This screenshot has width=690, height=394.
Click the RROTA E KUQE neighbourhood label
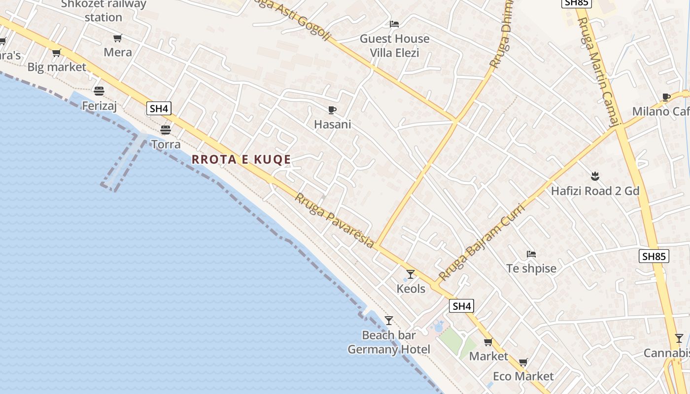coord(241,159)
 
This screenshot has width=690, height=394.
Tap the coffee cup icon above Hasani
coord(332,110)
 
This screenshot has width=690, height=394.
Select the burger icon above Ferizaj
coord(99,91)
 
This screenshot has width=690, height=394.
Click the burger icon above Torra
coord(166,130)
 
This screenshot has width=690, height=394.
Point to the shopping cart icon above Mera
coord(117,38)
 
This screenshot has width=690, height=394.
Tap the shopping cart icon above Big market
coord(57,53)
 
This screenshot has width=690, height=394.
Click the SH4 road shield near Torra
coord(159,108)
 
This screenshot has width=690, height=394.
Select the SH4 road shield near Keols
coord(462,306)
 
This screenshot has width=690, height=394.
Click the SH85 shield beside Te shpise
coord(654,256)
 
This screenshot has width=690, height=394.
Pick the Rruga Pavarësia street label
coord(335,220)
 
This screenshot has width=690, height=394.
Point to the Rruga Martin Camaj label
coord(598,72)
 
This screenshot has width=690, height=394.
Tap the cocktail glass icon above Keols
coord(411,274)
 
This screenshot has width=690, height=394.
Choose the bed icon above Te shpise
coord(531,254)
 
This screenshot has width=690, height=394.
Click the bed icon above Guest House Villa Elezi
coord(394,24)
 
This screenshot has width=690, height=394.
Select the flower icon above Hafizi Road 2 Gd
coord(595,176)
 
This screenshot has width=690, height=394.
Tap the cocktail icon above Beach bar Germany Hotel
coord(389,321)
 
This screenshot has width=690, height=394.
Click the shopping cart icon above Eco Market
coord(523,362)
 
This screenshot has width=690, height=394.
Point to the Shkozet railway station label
coord(103,10)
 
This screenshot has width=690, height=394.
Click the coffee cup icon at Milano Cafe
coord(666,97)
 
